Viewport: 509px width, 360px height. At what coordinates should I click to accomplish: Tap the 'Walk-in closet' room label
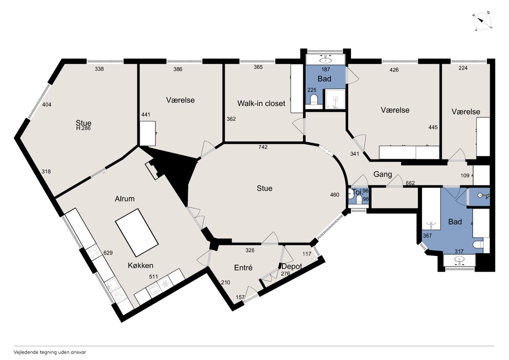(261, 104)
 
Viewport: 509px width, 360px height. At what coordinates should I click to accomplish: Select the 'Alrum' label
(124, 199)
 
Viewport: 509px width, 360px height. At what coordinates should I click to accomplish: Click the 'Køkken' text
(140, 265)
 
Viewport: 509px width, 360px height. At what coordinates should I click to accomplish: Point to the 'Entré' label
(243, 268)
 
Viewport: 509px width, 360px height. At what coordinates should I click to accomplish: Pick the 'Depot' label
(292, 267)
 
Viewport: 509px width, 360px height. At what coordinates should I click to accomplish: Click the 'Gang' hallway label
(383, 175)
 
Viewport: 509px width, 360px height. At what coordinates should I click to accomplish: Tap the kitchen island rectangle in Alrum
(137, 233)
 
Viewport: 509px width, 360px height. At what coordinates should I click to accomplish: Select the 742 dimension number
(263, 147)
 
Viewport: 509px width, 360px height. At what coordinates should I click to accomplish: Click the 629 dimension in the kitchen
(108, 253)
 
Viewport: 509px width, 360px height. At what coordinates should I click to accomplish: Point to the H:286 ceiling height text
(84, 128)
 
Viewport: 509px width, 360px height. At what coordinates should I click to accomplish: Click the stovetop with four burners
(94, 252)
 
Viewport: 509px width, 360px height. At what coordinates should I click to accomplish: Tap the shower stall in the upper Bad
(335, 99)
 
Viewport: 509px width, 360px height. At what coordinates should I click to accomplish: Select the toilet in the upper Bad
(314, 99)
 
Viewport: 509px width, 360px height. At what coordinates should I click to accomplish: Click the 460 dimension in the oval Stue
(334, 195)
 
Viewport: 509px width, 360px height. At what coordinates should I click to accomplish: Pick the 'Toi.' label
(357, 192)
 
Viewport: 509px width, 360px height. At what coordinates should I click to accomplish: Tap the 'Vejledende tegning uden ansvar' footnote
(50, 352)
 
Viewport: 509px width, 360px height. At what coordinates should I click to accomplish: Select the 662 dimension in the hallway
(410, 183)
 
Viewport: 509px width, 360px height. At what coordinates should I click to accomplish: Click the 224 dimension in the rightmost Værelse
(463, 68)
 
